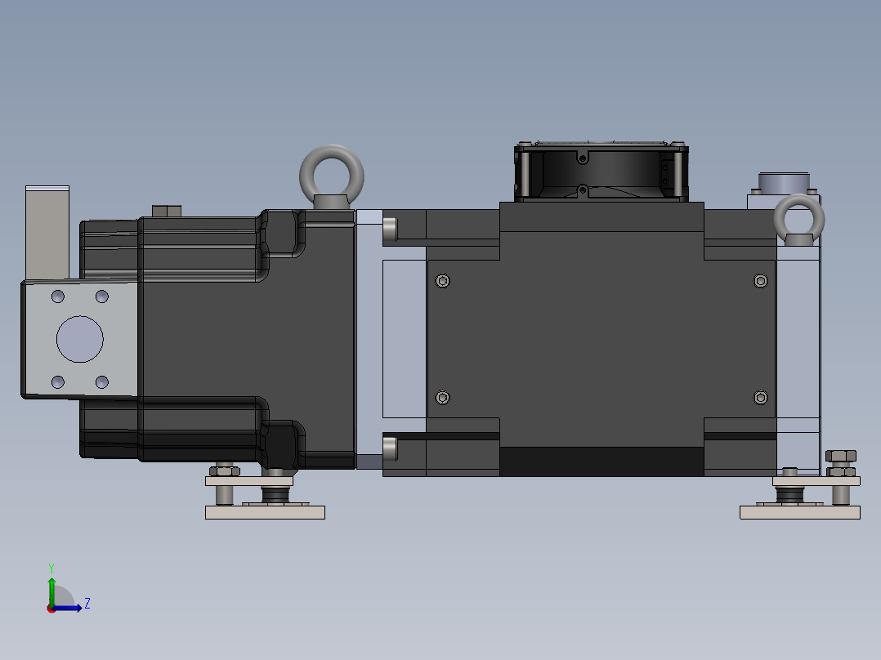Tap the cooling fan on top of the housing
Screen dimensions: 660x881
(x=601, y=172)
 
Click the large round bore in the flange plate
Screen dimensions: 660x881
(x=80, y=339)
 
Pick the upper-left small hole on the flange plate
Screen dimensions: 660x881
(x=58, y=296)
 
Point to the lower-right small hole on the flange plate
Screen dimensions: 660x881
(x=101, y=381)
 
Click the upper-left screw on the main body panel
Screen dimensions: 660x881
(x=443, y=281)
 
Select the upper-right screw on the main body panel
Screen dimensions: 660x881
(x=761, y=281)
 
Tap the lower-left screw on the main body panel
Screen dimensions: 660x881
(x=443, y=398)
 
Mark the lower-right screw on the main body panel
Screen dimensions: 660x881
(x=761, y=398)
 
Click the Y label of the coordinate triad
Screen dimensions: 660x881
(x=51, y=567)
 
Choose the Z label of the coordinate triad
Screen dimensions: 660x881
(x=87, y=604)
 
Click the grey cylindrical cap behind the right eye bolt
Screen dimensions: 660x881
(x=783, y=181)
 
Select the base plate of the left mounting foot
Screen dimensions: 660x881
(x=265, y=512)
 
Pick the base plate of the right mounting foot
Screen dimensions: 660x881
(x=799, y=512)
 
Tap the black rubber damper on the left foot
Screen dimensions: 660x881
(x=275, y=495)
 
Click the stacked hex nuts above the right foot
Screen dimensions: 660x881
(x=841, y=462)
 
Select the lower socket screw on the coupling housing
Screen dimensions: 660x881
(x=390, y=447)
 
